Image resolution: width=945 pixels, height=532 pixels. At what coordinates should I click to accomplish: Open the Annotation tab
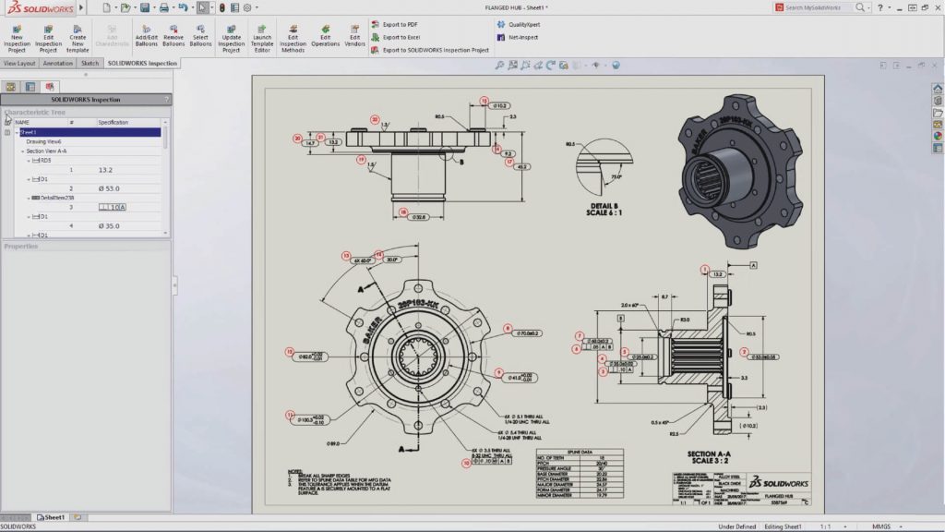point(57,64)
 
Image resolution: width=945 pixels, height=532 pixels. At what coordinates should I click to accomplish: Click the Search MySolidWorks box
point(817,7)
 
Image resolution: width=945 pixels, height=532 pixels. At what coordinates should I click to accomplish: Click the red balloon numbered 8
point(507,328)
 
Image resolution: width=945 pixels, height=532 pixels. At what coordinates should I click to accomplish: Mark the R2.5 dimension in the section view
point(675,432)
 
